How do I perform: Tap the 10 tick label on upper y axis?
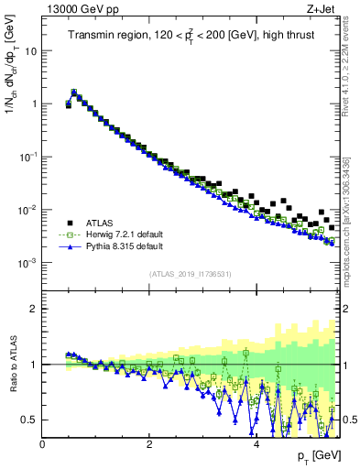coord(29,51)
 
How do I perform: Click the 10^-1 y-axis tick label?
coord(27,157)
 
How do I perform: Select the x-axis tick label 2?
coord(149,444)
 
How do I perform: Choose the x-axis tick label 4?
coord(256,444)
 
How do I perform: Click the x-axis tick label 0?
coord(43,444)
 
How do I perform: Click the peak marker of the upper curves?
coord(74,92)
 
